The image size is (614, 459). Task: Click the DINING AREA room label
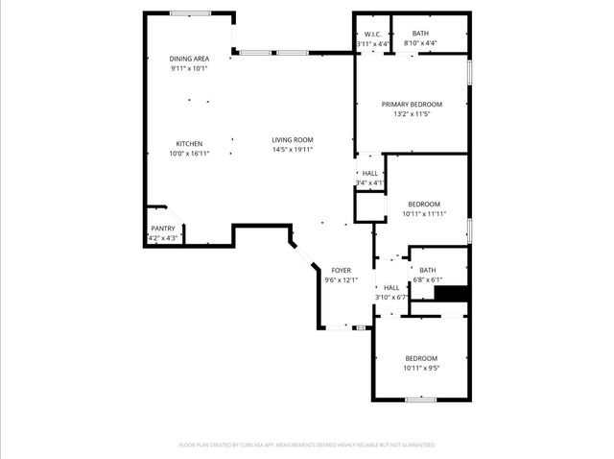tap(189, 59)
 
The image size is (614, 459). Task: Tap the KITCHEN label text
tap(188, 143)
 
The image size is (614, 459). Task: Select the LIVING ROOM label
tap(293, 140)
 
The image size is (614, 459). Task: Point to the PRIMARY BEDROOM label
tap(412, 104)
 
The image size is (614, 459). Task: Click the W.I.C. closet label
tap(373, 34)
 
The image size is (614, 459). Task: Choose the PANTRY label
tap(163, 228)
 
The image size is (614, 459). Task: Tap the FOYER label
tap(341, 270)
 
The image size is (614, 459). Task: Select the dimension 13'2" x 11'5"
tap(412, 114)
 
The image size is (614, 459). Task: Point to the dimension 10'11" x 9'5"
tap(420, 368)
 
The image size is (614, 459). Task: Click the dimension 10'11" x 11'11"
tap(423, 214)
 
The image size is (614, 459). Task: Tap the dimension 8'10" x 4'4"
tap(420, 43)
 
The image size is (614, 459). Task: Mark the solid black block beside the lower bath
tap(451, 293)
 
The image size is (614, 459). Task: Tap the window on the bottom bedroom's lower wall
tap(420, 399)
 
